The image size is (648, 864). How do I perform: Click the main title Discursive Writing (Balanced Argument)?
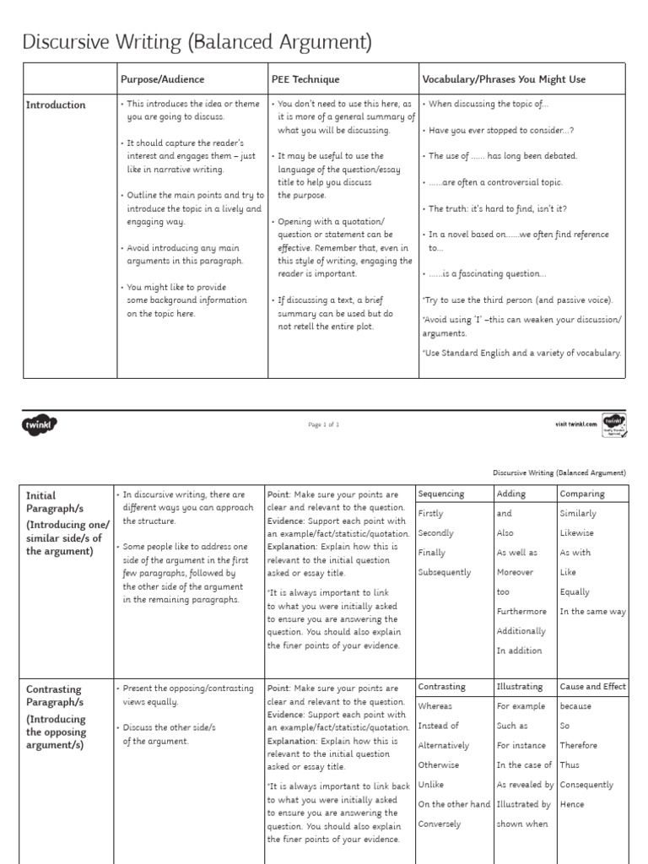(x=197, y=42)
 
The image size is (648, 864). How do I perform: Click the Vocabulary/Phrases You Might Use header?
(x=504, y=79)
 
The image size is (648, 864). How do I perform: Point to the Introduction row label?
(x=56, y=105)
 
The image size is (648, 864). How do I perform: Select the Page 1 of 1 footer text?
(x=324, y=425)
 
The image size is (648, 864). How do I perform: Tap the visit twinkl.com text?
(x=575, y=424)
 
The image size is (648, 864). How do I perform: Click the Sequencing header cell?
(x=440, y=494)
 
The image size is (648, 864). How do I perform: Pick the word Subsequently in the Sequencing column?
(x=445, y=573)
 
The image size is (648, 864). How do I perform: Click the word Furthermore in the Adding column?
(x=521, y=612)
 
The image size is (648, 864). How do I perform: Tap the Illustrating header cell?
(x=520, y=687)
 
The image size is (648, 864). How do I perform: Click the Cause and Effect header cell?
(x=593, y=687)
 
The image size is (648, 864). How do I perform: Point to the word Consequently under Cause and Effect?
(x=586, y=785)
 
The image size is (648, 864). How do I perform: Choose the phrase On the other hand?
(x=454, y=804)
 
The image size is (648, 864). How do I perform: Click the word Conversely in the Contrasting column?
(x=440, y=824)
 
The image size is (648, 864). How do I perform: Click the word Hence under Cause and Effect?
(x=572, y=804)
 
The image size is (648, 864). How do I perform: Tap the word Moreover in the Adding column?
(x=516, y=573)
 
